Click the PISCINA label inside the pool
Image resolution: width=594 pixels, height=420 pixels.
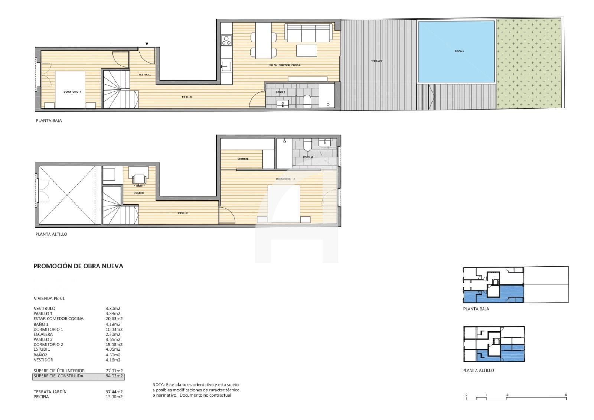click(459, 51)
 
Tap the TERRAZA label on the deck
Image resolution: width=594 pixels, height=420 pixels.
click(376, 61)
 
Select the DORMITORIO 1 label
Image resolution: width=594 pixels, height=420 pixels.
click(72, 92)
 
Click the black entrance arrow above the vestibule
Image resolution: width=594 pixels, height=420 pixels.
click(147, 44)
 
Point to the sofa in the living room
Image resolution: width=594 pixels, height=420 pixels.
click(309, 33)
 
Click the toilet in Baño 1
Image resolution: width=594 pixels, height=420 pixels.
click(307, 101)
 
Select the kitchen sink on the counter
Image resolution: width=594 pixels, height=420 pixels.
click(225, 67)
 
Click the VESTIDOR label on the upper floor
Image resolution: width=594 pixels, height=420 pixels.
click(243, 159)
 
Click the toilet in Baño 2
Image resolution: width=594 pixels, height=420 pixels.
click(307, 145)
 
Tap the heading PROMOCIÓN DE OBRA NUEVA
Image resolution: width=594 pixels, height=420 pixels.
click(78, 266)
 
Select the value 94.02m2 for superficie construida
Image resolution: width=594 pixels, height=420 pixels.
click(114, 376)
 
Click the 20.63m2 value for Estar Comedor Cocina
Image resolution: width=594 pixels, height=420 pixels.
click(114, 319)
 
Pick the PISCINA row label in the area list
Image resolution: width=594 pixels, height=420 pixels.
click(41, 397)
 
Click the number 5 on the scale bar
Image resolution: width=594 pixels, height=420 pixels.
click(566, 395)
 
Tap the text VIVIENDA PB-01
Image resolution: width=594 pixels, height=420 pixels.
click(49, 298)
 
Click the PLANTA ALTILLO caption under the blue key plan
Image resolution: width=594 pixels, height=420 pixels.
click(478, 371)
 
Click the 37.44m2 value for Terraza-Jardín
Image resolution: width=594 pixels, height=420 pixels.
click(114, 392)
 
